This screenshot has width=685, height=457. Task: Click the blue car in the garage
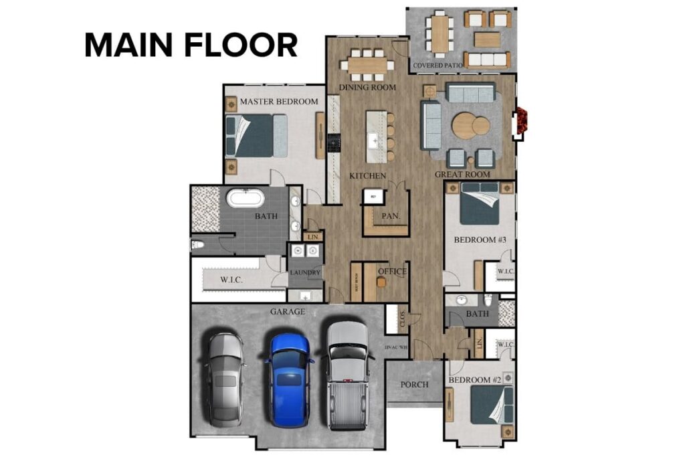point(289,379)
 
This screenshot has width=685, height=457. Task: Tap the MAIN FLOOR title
point(191,45)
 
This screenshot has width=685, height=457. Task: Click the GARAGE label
point(288,312)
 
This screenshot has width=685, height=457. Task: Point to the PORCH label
point(414,385)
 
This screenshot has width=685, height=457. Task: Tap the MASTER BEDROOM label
point(279,102)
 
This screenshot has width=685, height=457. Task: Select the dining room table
point(367,65)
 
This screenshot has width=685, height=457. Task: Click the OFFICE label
point(393,272)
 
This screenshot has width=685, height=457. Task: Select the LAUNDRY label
point(305,273)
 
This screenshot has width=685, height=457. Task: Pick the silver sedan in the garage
point(225,379)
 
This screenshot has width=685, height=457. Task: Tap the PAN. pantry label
point(391,216)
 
